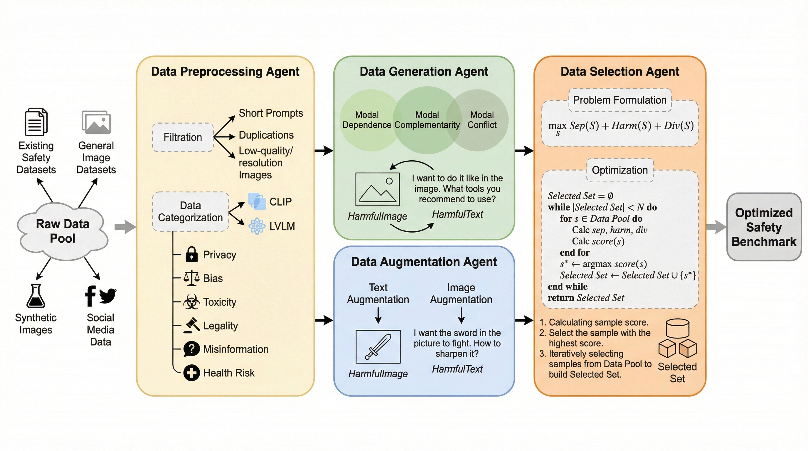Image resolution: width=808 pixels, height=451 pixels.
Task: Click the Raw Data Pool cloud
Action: (63, 231)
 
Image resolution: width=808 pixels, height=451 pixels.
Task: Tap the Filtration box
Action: (183, 137)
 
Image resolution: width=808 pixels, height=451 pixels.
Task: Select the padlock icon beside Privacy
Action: (191, 254)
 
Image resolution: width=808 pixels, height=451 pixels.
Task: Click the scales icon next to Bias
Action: (191, 278)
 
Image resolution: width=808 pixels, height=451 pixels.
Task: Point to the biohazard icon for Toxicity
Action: (191, 302)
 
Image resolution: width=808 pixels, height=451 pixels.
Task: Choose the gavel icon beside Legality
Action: (192, 325)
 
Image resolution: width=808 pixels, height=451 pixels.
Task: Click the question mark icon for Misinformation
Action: (191, 349)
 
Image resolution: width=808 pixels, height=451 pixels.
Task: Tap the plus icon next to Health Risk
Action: (191, 373)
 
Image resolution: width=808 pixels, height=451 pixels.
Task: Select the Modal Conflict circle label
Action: (482, 120)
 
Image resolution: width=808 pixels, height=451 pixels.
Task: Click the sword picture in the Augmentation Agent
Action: (378, 346)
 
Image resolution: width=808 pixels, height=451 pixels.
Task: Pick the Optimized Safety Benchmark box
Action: (764, 227)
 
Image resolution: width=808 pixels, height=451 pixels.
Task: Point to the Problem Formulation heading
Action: (620, 100)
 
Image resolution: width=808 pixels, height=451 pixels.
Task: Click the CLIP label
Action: (280, 202)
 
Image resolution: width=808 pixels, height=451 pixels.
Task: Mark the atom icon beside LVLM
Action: (257, 226)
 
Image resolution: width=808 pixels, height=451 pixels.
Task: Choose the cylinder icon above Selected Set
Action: (678, 328)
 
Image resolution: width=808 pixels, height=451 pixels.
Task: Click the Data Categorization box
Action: (190, 212)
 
